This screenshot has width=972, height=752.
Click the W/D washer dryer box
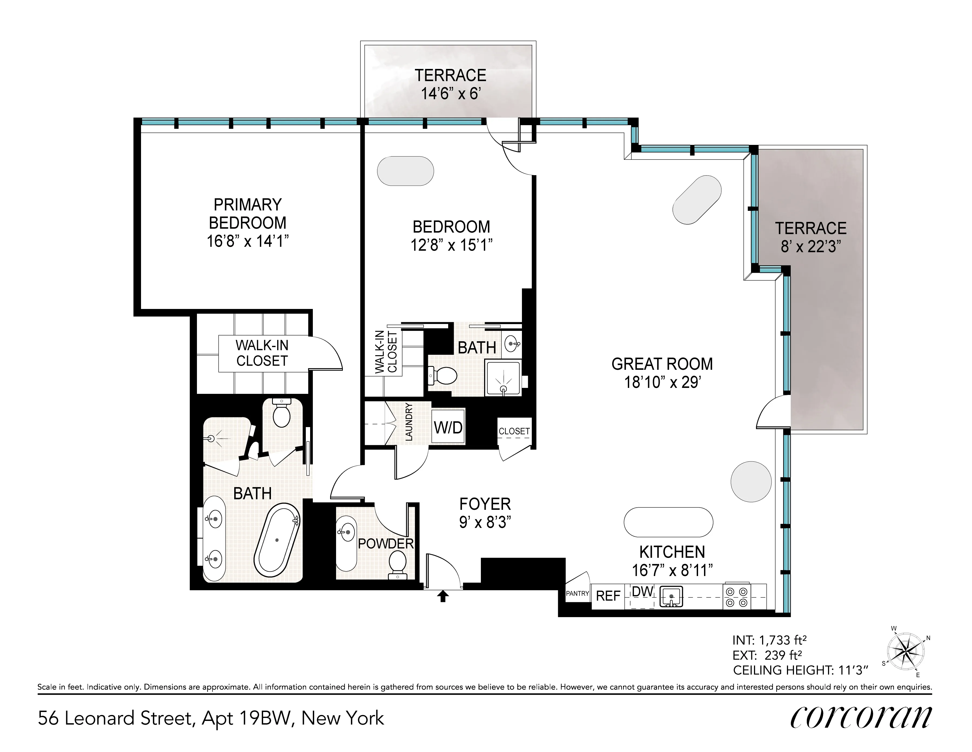pos(448,427)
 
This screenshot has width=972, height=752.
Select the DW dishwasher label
pos(642,592)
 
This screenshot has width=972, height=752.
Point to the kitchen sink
pos(671,597)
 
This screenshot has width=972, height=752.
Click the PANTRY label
pos(577,594)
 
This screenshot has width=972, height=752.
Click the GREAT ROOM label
pos(662,364)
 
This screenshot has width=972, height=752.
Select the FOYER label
pos(485,504)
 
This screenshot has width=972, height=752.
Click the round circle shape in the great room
pos(751,482)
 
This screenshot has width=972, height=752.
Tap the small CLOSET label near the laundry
pos(514,431)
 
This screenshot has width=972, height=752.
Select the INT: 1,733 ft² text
pos(769,640)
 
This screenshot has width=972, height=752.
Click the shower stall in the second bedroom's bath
pos(503,378)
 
